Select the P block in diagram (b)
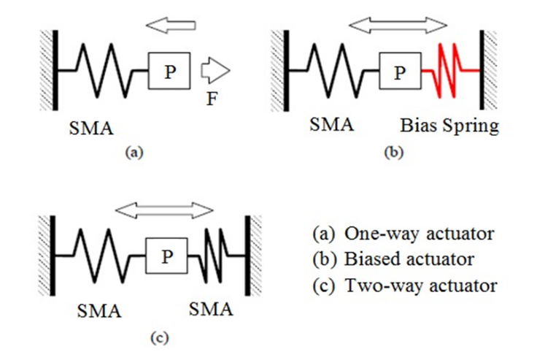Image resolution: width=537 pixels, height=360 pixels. (x=398, y=71)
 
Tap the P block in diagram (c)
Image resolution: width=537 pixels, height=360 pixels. (x=167, y=256)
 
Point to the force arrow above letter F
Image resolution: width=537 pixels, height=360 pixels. (x=215, y=70)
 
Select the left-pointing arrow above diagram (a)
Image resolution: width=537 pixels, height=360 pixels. (x=171, y=26)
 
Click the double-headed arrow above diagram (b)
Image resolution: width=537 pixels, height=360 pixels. (x=398, y=26)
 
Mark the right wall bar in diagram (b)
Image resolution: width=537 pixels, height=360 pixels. (x=482, y=70)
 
